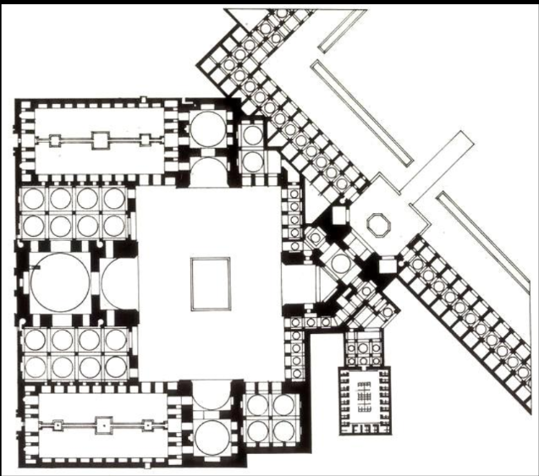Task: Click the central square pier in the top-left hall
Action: [100, 140]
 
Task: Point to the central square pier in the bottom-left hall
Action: [103, 427]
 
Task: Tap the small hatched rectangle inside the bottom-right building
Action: [365, 397]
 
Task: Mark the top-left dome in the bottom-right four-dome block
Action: [258, 403]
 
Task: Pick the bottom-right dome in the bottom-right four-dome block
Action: [282, 429]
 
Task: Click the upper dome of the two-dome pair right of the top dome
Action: [252, 135]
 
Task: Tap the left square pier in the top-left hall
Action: [55, 140]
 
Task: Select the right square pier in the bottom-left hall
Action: [148, 427]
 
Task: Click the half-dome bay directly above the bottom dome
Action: [206, 395]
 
